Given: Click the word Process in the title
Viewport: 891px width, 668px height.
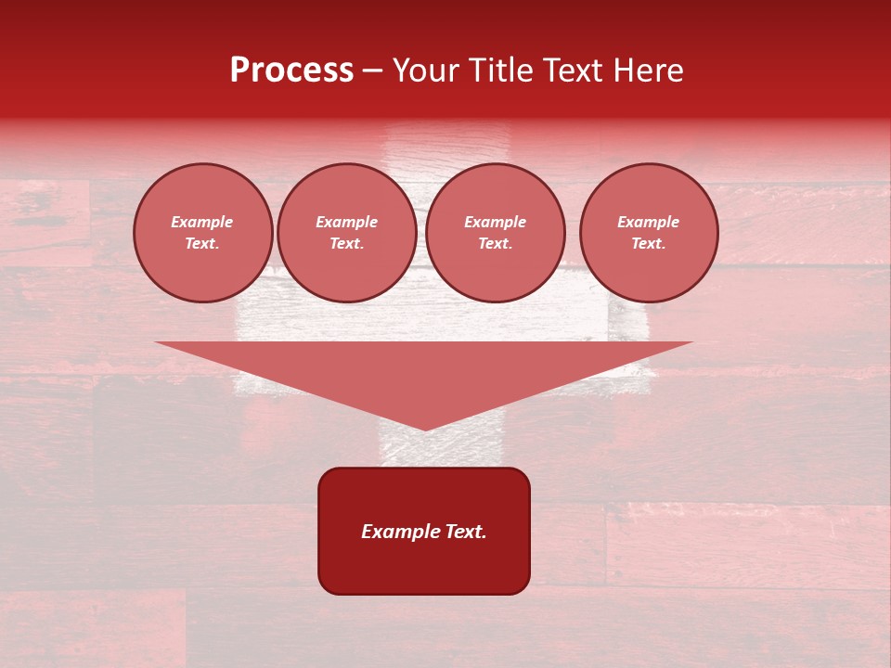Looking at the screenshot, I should [291, 71].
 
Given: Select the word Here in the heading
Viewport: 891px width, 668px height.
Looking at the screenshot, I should [647, 71].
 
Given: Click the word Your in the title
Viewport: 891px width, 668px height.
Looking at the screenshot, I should [425, 71].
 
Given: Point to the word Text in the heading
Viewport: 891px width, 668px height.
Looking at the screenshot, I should [573, 71].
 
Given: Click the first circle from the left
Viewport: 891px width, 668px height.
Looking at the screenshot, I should [203, 233].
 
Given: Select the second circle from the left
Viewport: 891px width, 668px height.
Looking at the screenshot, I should [347, 233].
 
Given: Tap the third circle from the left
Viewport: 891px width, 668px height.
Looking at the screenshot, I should [496, 233].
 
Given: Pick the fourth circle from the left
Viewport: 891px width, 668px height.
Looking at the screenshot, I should [649, 233].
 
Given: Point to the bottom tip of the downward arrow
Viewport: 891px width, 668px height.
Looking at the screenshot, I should [425, 429].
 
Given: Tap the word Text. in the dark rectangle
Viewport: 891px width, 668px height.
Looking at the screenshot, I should [464, 532].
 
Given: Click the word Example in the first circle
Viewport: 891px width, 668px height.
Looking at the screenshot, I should [202, 222].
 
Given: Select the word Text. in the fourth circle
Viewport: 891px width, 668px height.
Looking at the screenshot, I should [649, 244].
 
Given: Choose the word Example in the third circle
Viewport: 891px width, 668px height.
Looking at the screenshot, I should [496, 222].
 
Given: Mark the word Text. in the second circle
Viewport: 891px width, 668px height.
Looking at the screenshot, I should [347, 244].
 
